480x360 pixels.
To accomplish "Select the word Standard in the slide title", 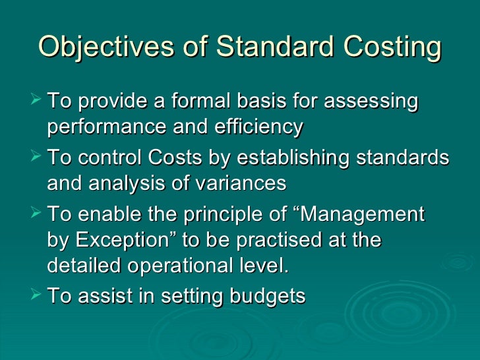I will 272,47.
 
